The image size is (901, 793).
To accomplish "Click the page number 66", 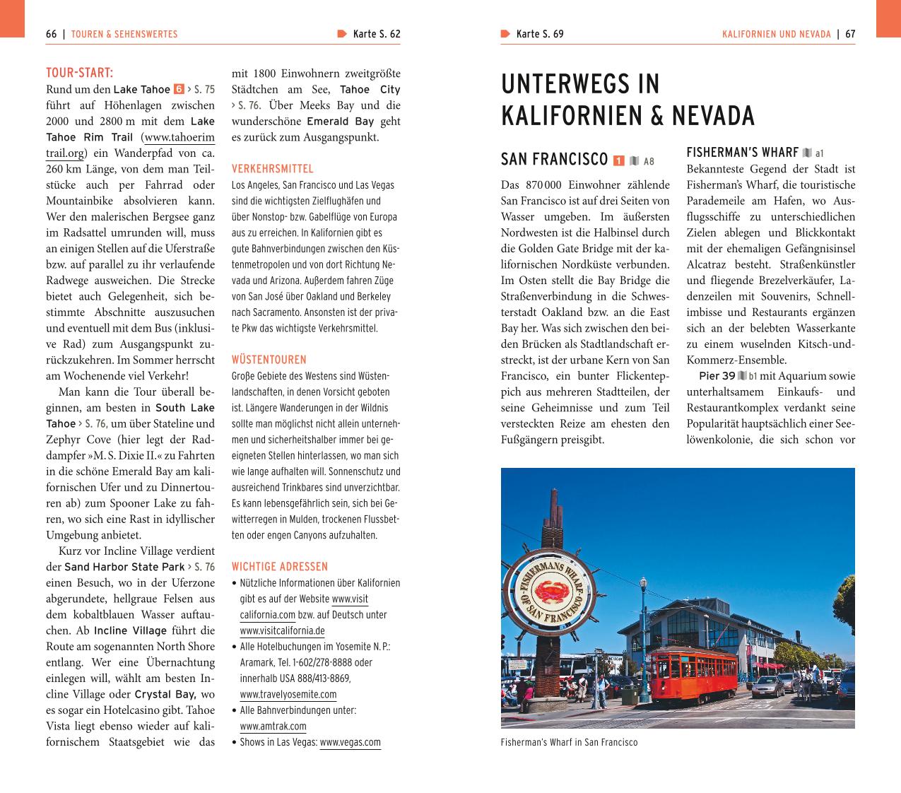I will pyautogui.click(x=51, y=34).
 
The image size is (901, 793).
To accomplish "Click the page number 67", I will pyautogui.click(x=850, y=34).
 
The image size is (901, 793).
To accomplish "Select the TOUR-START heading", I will pyautogui.click(x=79, y=73).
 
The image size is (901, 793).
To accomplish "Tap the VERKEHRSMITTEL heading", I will pyautogui.click(x=273, y=169).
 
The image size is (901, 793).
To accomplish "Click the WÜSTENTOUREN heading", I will pyautogui.click(x=269, y=360).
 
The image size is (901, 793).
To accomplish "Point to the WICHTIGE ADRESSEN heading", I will pyautogui.click(x=280, y=566).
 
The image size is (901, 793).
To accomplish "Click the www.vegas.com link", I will pyautogui.click(x=350, y=742).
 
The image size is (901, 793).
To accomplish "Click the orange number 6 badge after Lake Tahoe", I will pyautogui.click(x=179, y=90).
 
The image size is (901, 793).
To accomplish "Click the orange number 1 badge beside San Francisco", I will pyautogui.click(x=619, y=160).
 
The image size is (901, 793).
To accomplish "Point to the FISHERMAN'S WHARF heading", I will pyautogui.click(x=742, y=153).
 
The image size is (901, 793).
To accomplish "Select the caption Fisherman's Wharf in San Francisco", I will pyautogui.click(x=569, y=742).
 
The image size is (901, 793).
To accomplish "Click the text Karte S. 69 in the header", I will pyautogui.click(x=539, y=34).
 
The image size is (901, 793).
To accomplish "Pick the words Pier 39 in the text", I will pyautogui.click(x=717, y=376).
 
